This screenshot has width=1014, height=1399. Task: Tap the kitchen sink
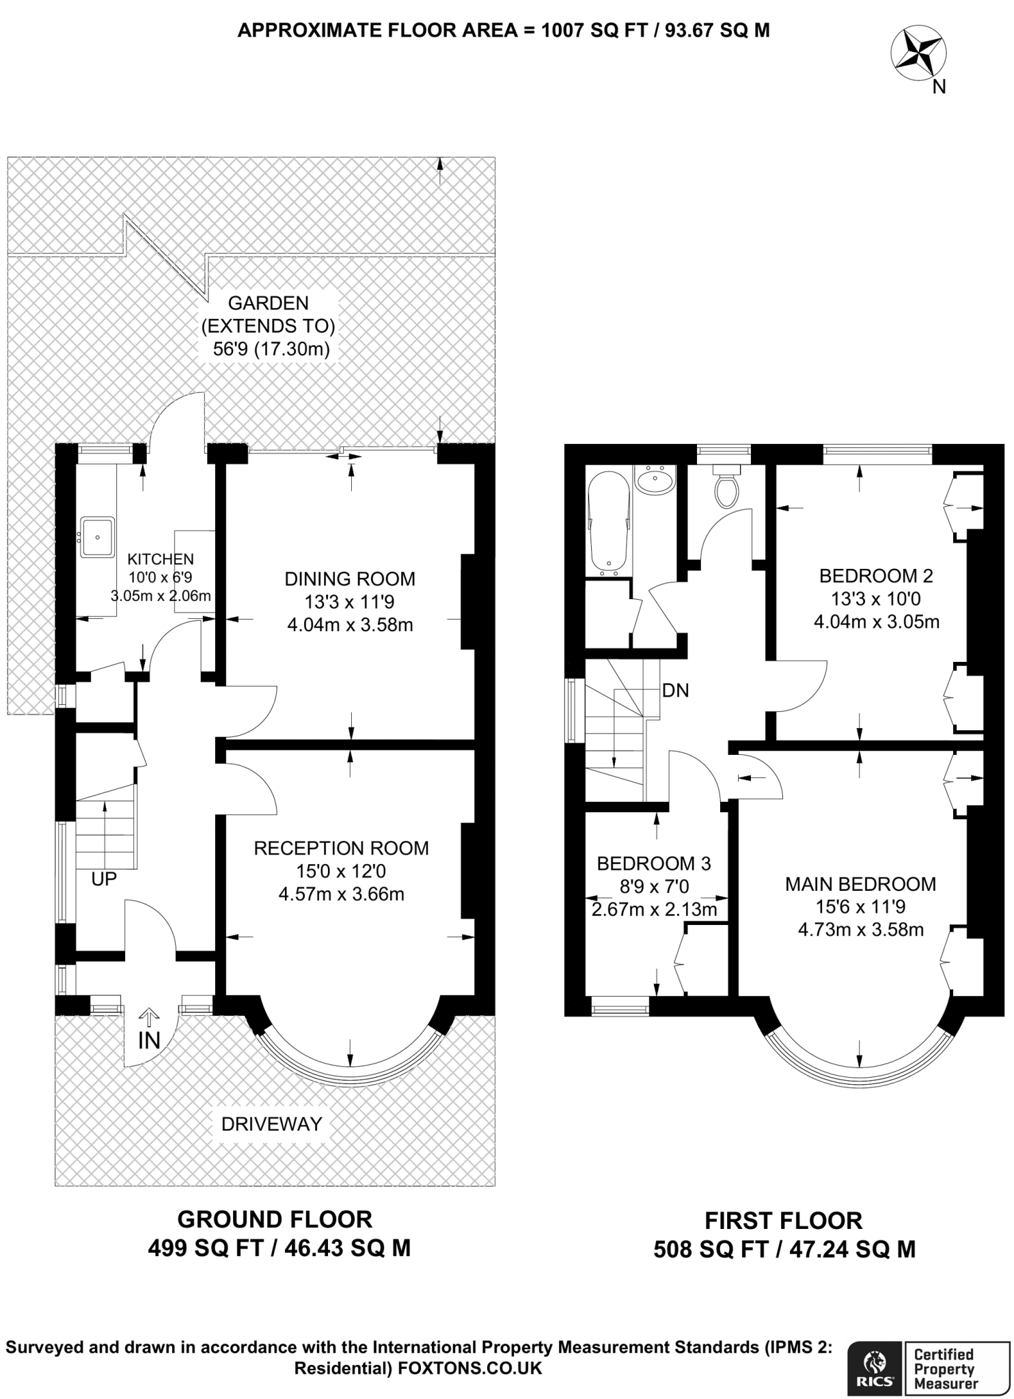[98, 537]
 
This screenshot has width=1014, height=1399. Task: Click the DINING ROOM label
[350, 579]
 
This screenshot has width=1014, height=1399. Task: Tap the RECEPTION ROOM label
[342, 848]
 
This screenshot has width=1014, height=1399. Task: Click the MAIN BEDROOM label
[861, 884]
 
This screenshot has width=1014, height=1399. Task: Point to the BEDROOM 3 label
[654, 863]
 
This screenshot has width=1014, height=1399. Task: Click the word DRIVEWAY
[272, 1124]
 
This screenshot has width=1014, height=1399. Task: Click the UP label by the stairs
[104, 879]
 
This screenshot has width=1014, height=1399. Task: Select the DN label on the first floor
[676, 691]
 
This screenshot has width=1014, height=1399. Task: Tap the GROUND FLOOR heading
[275, 1219]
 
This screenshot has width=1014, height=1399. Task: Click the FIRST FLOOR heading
[784, 1221]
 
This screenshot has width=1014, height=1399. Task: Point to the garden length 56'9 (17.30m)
[272, 349]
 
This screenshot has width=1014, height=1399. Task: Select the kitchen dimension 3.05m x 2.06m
[161, 596]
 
